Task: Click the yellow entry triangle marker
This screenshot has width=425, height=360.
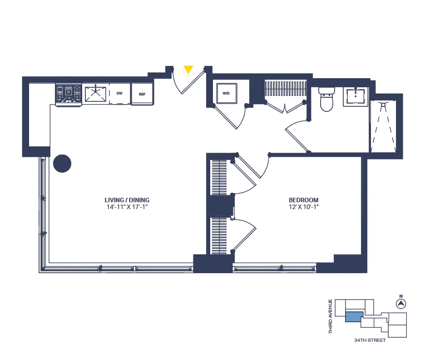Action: [x=188, y=70]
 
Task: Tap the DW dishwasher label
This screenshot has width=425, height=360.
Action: [x=119, y=94]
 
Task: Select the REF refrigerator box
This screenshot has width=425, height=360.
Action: [x=142, y=94]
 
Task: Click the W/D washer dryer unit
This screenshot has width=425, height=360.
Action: [x=226, y=94]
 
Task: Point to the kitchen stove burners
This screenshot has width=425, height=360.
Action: [x=68, y=94]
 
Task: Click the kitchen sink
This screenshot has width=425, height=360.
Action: [x=95, y=94]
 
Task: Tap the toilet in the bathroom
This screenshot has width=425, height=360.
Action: [x=326, y=99]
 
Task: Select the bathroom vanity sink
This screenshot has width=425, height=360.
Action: [x=356, y=97]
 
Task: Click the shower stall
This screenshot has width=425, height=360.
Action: [x=384, y=126]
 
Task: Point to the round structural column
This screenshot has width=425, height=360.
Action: [x=62, y=164]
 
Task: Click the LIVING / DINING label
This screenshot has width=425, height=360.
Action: [x=127, y=200]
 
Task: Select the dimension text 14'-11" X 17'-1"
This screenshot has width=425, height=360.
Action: [x=127, y=207]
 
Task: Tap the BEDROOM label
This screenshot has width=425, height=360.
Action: [x=304, y=200]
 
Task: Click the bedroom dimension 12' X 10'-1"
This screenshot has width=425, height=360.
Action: [x=304, y=207]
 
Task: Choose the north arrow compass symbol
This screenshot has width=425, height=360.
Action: [x=401, y=304]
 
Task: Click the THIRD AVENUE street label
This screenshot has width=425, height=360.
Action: [x=331, y=316]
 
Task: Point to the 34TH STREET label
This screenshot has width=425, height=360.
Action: [x=370, y=340]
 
